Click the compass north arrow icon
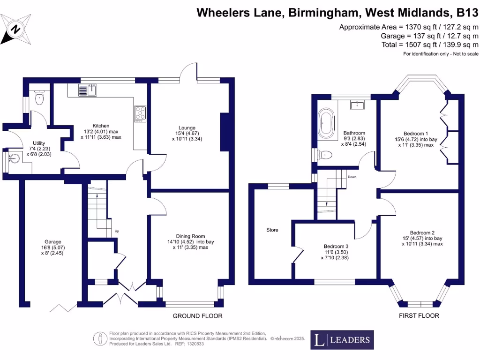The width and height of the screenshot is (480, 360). pyautogui.click(x=16, y=29)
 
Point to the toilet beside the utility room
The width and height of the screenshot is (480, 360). pyautogui.click(x=40, y=98)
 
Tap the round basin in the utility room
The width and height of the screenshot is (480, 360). pyautogui.click(x=14, y=159)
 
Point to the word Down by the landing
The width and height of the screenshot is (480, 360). pyautogui.click(x=352, y=177)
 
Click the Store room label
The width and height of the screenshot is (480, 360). pyautogui.click(x=272, y=230)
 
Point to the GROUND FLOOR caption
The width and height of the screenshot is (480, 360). pyautogui.click(x=197, y=316)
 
